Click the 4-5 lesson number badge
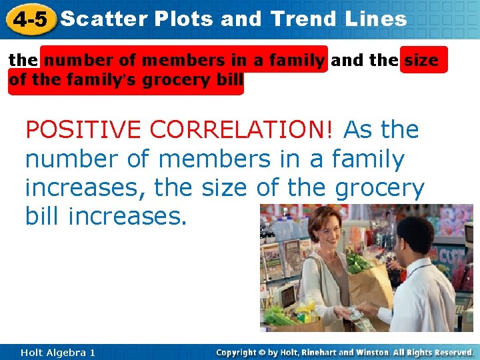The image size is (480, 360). point(28,19)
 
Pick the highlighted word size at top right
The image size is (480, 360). point(421,60)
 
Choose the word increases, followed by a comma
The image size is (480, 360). point(86,189)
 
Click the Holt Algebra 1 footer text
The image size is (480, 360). point(57,352)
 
